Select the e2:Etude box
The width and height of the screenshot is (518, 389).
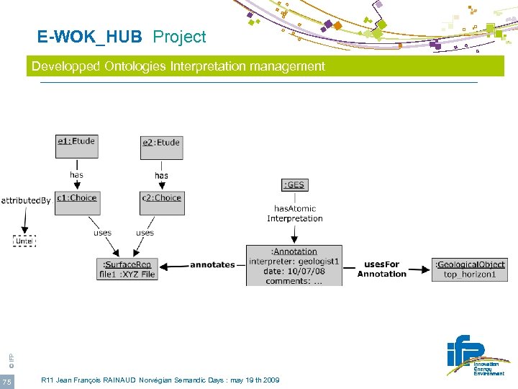(161, 147)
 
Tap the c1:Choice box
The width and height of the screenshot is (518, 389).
(76, 202)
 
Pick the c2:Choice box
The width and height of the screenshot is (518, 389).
(161, 202)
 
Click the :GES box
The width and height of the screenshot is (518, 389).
(295, 185)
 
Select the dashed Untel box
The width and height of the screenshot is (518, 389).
(24, 241)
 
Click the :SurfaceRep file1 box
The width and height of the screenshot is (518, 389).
(127, 269)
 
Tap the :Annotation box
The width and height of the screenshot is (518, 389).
(294, 265)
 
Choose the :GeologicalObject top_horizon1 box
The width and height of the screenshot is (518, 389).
(470, 269)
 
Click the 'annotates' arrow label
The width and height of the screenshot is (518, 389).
(212, 265)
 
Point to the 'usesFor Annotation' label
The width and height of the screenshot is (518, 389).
(381, 269)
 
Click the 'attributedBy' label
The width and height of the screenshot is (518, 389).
(26, 201)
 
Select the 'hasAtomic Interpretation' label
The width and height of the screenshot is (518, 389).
(295, 214)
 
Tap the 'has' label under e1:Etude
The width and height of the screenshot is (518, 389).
(76, 175)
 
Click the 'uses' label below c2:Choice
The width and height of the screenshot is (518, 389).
(145, 233)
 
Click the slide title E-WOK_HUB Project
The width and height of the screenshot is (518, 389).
(122, 37)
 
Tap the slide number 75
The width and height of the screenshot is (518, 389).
(6, 381)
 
